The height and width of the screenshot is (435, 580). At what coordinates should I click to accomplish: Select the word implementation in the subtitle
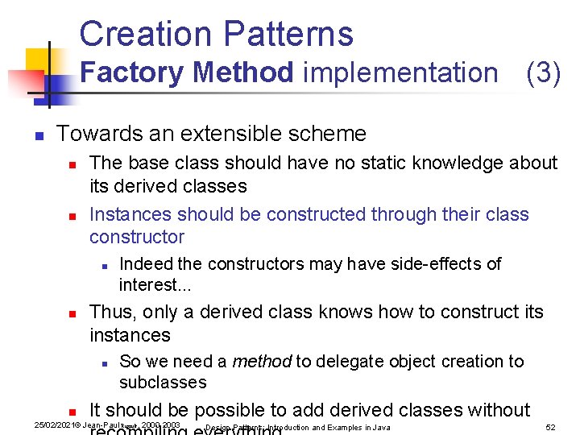point(400,72)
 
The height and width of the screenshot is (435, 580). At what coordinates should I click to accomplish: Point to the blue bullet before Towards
point(37,135)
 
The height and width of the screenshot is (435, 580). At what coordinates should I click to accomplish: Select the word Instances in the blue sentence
point(130,214)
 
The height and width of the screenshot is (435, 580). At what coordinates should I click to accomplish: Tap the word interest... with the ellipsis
point(149,285)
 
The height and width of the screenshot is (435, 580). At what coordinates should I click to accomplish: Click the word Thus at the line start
point(109,312)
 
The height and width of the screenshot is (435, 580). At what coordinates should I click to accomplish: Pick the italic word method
point(261,362)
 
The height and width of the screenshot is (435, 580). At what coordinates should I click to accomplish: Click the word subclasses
point(163,382)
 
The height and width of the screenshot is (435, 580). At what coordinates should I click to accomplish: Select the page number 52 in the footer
point(551,427)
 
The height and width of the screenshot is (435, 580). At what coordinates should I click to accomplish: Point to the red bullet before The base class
point(72,164)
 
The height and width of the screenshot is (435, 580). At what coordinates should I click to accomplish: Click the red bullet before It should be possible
point(72,412)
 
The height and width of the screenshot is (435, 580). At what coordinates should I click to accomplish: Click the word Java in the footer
point(381,427)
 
